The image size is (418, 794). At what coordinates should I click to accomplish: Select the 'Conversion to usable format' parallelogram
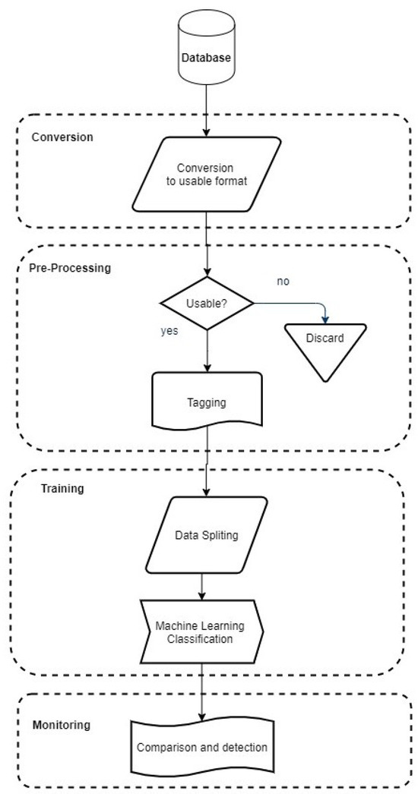tap(205, 174)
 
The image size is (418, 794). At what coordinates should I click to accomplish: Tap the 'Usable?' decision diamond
tap(207, 304)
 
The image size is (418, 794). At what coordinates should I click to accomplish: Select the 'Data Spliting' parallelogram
tap(205, 535)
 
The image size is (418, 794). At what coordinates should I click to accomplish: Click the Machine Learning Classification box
tap(201, 632)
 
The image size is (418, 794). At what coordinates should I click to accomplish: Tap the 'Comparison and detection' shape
tap(202, 748)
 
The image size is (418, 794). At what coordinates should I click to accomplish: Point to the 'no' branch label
tap(283, 282)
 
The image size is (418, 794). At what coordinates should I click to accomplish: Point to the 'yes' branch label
tap(169, 331)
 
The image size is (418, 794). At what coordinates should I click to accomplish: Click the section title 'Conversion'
tap(62, 137)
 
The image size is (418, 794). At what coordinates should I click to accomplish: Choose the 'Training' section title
tap(62, 488)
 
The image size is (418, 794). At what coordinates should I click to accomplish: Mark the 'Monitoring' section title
tap(61, 725)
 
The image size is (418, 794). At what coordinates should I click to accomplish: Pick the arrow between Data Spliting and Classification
tap(201, 585)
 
